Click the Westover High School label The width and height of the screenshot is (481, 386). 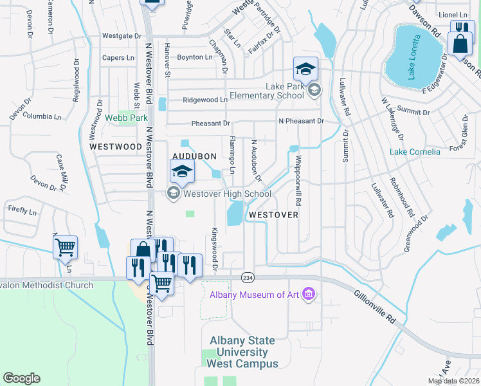[x=227, y=193]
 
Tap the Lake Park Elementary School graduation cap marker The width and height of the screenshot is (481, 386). [x=305, y=68]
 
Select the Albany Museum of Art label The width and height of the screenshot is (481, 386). [x=255, y=295]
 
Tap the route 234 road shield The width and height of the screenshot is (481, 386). [x=247, y=277]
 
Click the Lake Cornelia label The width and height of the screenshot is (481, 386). [x=415, y=152]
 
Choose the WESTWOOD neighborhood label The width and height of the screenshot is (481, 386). [x=116, y=147]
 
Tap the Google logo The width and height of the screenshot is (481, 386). [x=21, y=378]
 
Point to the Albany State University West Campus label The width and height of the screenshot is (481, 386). [x=242, y=352]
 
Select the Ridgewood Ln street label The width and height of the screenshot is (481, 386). [x=205, y=100]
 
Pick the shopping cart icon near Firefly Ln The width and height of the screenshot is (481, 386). [x=66, y=247]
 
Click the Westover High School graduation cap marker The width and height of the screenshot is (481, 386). [x=182, y=171]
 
